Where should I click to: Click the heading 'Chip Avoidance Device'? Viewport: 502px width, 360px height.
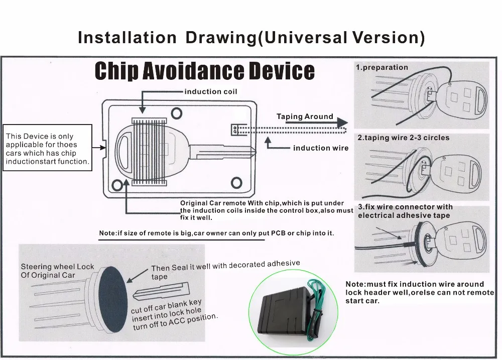pos(204,71)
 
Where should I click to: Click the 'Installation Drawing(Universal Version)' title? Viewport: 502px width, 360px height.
pos(251,38)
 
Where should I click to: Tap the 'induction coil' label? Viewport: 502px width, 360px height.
pos(210,91)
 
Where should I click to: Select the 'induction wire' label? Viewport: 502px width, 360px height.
pos(320,148)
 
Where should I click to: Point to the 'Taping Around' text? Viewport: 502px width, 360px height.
pos(305,116)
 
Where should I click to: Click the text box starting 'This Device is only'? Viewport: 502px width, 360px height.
pos(48,149)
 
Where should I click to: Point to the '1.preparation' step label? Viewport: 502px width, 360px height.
pos(382,67)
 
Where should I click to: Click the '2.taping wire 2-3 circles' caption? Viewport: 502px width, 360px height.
pos(403,138)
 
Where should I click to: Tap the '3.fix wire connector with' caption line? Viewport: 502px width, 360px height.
pos(405,207)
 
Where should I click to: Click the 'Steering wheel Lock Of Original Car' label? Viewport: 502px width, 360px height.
pos(57,271)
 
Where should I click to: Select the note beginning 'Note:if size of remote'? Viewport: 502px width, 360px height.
pos(216,233)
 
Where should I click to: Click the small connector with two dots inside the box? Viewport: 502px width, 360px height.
pos(234,129)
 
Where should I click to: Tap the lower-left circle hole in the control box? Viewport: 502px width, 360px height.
pos(118,185)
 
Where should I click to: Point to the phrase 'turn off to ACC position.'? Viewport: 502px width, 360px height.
pos(176,322)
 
